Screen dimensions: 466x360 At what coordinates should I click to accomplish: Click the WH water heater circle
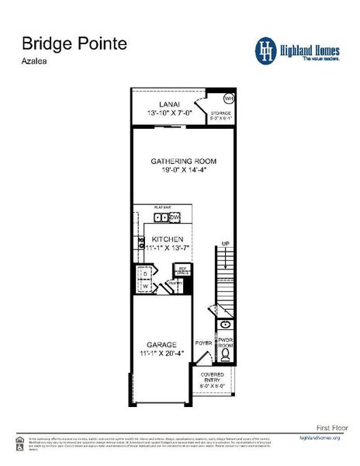(x=228, y=99)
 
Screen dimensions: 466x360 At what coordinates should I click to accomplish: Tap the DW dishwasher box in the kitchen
(x=175, y=217)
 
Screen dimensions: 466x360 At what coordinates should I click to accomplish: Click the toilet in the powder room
(x=226, y=354)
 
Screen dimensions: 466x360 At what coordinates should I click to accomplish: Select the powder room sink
(x=226, y=325)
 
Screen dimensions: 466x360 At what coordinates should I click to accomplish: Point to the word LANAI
(x=169, y=104)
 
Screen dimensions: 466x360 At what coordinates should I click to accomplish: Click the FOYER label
(x=204, y=342)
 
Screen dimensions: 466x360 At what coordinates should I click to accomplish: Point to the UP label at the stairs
(x=226, y=244)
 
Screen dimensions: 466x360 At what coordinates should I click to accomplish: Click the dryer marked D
(x=144, y=273)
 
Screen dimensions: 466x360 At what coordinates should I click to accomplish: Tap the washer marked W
(x=144, y=286)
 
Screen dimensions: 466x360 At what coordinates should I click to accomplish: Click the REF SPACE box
(x=184, y=270)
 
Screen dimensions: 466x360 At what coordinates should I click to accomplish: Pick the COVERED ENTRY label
(x=212, y=377)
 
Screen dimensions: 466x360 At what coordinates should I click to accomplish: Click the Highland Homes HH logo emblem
(x=266, y=50)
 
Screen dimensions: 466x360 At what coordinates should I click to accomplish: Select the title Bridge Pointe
(x=74, y=43)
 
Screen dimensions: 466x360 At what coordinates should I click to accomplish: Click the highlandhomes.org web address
(x=320, y=439)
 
